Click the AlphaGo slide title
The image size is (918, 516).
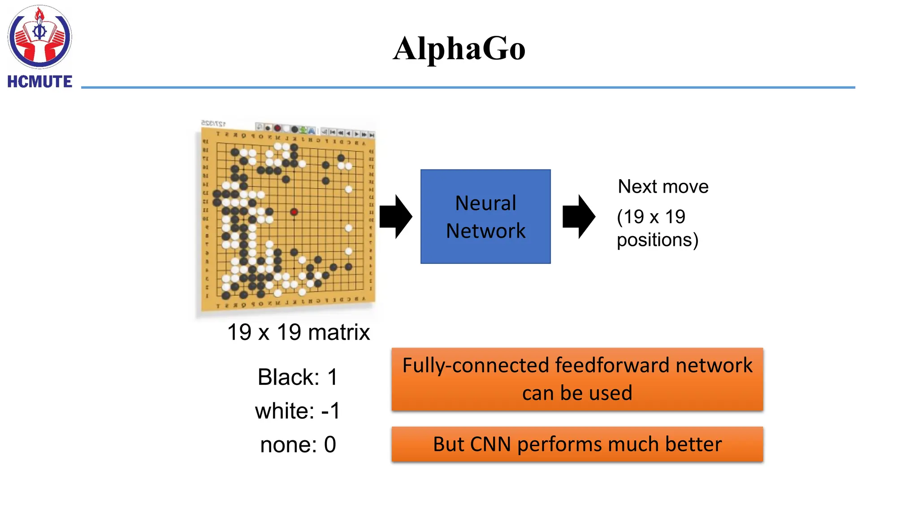point(459,48)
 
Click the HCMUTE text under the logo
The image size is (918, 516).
point(39,82)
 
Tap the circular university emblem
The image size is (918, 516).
point(39,37)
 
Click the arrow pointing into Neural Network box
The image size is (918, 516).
point(395,217)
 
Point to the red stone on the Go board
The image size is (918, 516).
point(294,212)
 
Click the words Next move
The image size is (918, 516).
point(663,186)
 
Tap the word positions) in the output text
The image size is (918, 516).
point(658,240)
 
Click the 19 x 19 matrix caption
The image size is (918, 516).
point(299,332)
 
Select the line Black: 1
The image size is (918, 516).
point(298,377)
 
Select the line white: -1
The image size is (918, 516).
point(298,411)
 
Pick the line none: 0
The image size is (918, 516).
point(298,445)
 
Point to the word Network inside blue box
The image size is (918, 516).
point(485,231)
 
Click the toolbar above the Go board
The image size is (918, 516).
point(314,130)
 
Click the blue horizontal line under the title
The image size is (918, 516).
point(468,87)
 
